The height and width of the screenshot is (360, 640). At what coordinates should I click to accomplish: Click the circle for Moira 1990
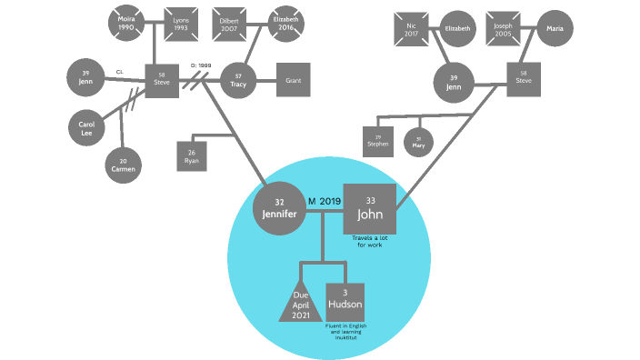(125, 24)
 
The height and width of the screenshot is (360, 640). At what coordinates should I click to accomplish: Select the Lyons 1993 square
(181, 24)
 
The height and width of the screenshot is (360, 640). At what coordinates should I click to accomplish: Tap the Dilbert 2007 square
(229, 25)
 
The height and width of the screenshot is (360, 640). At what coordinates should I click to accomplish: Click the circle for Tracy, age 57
(239, 80)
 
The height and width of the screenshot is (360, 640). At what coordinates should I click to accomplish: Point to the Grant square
(293, 80)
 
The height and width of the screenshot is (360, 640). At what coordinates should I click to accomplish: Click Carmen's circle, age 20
(124, 165)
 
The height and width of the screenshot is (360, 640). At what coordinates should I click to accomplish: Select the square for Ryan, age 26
(191, 155)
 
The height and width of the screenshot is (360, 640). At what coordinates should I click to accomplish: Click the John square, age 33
(369, 209)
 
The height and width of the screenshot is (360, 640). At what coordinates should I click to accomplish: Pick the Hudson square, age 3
(345, 300)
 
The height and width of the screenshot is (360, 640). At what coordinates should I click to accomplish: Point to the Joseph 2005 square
(503, 29)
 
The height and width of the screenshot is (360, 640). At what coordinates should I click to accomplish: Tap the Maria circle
(555, 29)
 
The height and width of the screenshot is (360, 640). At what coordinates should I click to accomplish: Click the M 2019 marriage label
(324, 200)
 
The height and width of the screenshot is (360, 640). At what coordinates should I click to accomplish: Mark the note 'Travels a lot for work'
(369, 241)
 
